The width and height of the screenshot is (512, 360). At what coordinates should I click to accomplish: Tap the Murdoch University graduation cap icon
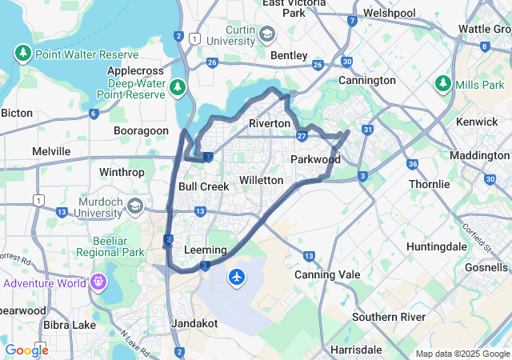coord(135,206)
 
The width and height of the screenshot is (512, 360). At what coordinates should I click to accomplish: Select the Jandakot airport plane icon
coord(237,277)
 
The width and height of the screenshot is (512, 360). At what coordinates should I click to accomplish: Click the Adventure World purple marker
coord(98,282)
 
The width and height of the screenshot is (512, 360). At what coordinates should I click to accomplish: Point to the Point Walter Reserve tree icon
coord(22,54)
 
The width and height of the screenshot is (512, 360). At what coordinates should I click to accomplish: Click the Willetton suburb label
coord(261,180)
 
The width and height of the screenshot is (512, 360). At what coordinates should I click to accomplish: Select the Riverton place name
coord(269,123)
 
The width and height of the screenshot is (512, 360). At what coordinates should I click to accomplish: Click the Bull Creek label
coord(203,186)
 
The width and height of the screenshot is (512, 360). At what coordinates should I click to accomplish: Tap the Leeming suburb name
coord(206,250)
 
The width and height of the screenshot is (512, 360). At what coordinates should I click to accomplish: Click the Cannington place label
coord(366,80)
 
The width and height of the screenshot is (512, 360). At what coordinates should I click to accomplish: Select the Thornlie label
coord(430,183)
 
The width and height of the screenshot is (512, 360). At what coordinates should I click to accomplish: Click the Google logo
coord(26,350)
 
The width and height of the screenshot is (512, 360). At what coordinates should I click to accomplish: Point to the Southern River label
coord(389,317)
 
